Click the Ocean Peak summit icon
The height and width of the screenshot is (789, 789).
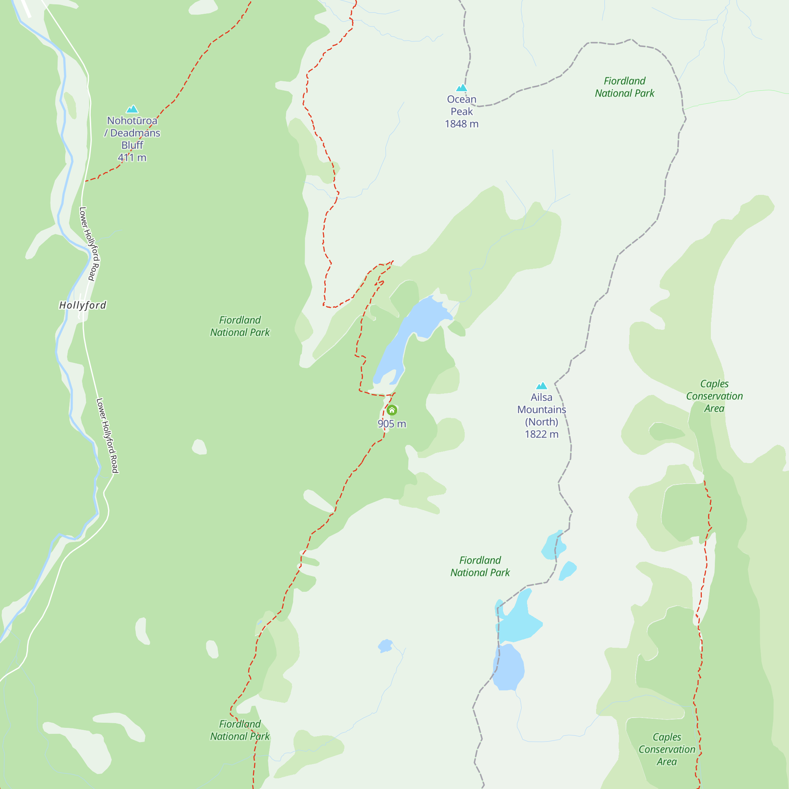point(462,88)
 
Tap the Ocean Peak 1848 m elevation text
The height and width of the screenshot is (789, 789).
point(462,124)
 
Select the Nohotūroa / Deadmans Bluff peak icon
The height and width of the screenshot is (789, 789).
point(132,109)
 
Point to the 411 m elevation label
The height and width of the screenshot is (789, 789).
point(132,158)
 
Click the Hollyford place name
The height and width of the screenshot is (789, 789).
point(83,305)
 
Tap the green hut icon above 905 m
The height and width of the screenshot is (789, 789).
point(392,410)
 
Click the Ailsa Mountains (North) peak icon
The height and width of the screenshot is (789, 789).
point(542,385)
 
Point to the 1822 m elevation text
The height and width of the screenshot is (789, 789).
point(542,434)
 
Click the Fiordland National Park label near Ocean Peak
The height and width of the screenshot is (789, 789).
point(624,87)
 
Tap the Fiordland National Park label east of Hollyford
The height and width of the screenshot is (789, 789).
point(240,326)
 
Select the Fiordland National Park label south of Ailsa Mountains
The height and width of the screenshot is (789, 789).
point(480,566)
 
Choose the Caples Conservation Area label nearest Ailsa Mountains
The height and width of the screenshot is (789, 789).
point(714,396)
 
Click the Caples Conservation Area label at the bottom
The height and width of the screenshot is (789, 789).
point(667,749)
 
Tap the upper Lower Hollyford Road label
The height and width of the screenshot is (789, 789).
point(90,244)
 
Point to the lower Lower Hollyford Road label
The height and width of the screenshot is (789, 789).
point(107,436)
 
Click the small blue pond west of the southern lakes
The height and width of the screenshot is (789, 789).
point(385,646)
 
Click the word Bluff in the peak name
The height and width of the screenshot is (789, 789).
point(132,145)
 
